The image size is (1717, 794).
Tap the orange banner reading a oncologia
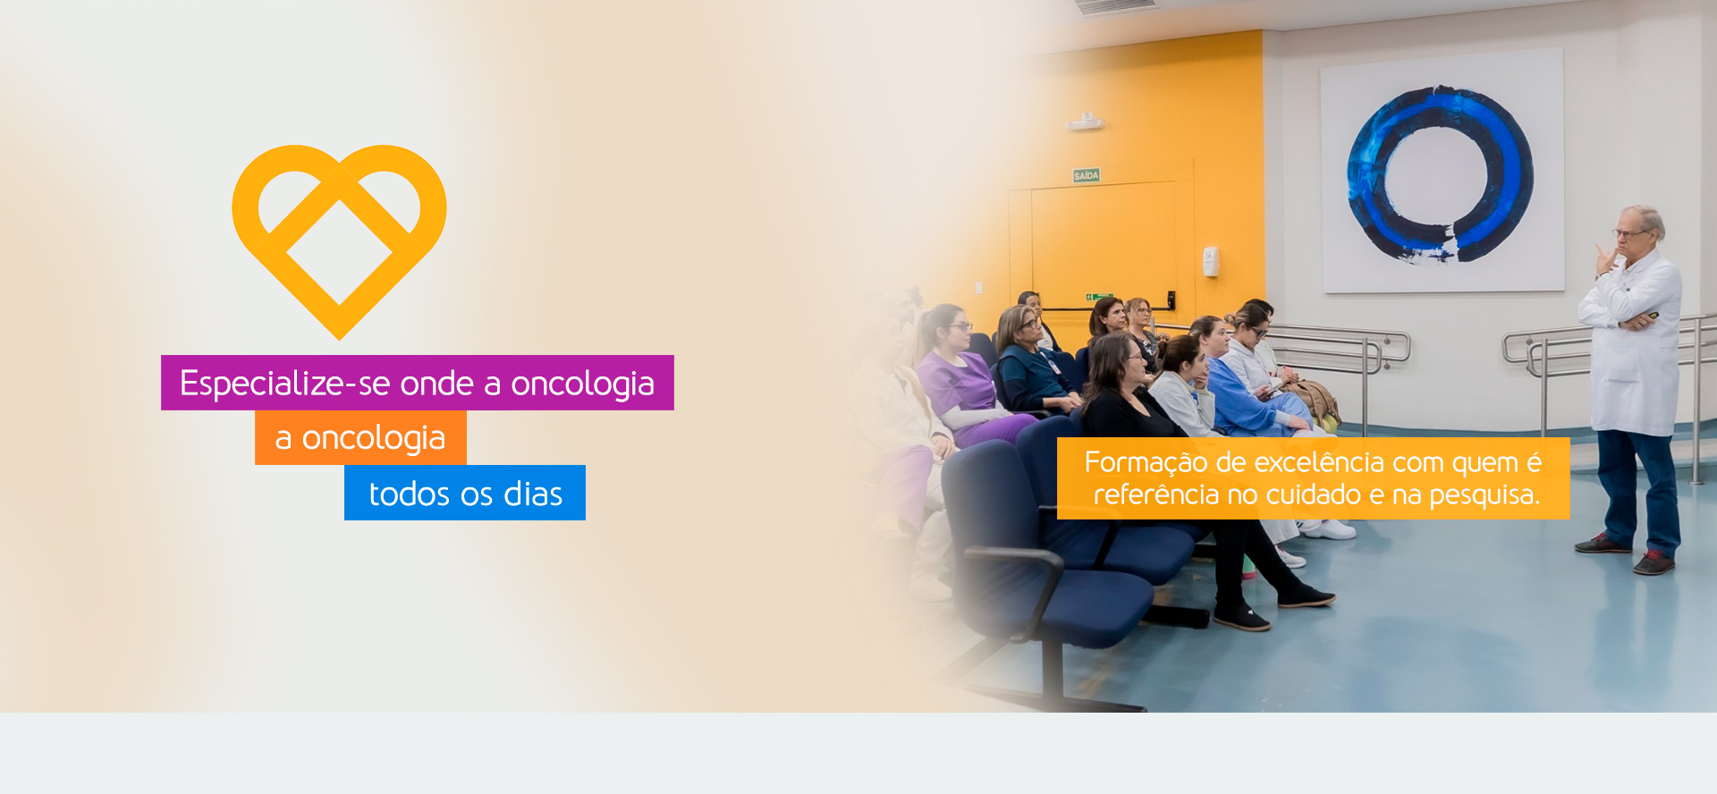(360, 438)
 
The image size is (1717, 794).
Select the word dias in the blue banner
(533, 494)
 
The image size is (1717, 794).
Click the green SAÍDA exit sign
(1086, 176)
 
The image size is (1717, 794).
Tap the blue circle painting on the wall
(1440, 174)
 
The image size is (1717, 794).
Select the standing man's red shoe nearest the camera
(1654, 562)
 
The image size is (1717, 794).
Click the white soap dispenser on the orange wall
(1210, 261)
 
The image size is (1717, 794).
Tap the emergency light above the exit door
(1085, 122)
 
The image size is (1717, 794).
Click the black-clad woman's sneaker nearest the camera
(1243, 618)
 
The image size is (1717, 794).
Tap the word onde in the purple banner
(436, 384)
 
